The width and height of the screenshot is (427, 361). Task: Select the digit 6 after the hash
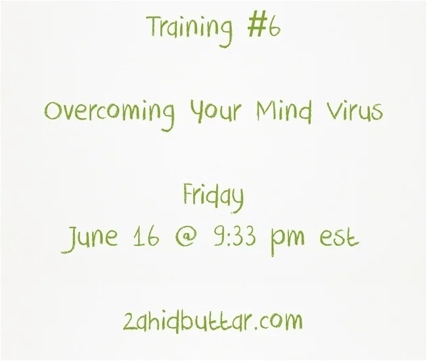pos(274,28)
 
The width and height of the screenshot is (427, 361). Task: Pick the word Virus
pos(355,111)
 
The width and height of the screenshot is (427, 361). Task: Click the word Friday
pos(213,197)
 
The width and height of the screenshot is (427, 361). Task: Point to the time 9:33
pos(235,237)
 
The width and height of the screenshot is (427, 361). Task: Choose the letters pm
pos(287,241)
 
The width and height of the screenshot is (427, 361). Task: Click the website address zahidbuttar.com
pos(213,321)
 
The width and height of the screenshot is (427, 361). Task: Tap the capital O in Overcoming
pos(53,111)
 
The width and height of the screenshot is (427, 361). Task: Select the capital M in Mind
pos(267,110)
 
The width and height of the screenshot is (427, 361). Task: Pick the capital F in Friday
pos(188,193)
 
